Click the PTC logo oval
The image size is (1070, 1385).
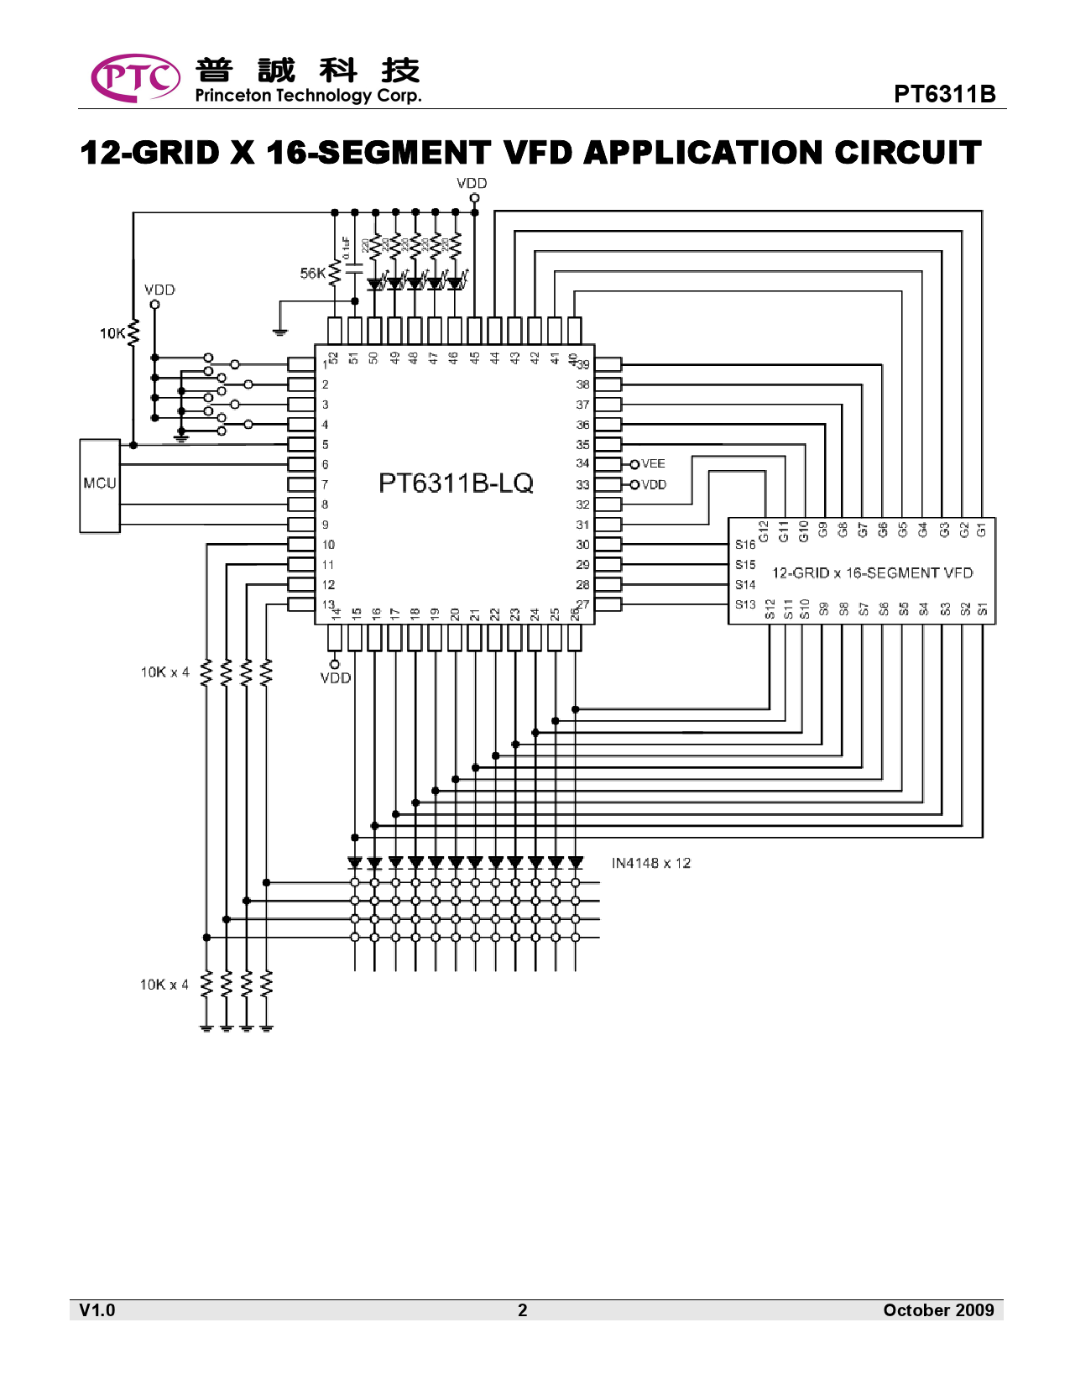click(134, 78)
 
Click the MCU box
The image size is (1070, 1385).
click(100, 485)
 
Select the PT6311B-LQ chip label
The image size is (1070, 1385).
click(456, 483)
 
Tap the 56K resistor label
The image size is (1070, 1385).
click(312, 273)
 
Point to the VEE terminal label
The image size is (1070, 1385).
click(653, 463)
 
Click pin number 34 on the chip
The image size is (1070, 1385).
click(582, 463)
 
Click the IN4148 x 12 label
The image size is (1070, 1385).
click(651, 863)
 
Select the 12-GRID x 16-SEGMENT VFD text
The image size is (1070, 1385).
click(872, 572)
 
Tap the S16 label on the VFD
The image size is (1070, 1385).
click(745, 545)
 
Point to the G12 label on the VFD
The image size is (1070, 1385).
click(764, 530)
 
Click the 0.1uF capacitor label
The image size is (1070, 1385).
click(346, 248)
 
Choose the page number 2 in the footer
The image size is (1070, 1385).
click(522, 1310)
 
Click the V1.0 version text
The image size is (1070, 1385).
click(97, 1310)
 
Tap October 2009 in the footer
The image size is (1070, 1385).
click(938, 1310)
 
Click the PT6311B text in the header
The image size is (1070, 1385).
click(945, 94)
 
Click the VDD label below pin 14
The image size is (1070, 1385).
click(336, 678)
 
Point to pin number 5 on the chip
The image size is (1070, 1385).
click(326, 445)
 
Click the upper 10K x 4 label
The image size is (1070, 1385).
click(164, 672)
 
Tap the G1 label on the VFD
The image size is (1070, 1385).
click(982, 530)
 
